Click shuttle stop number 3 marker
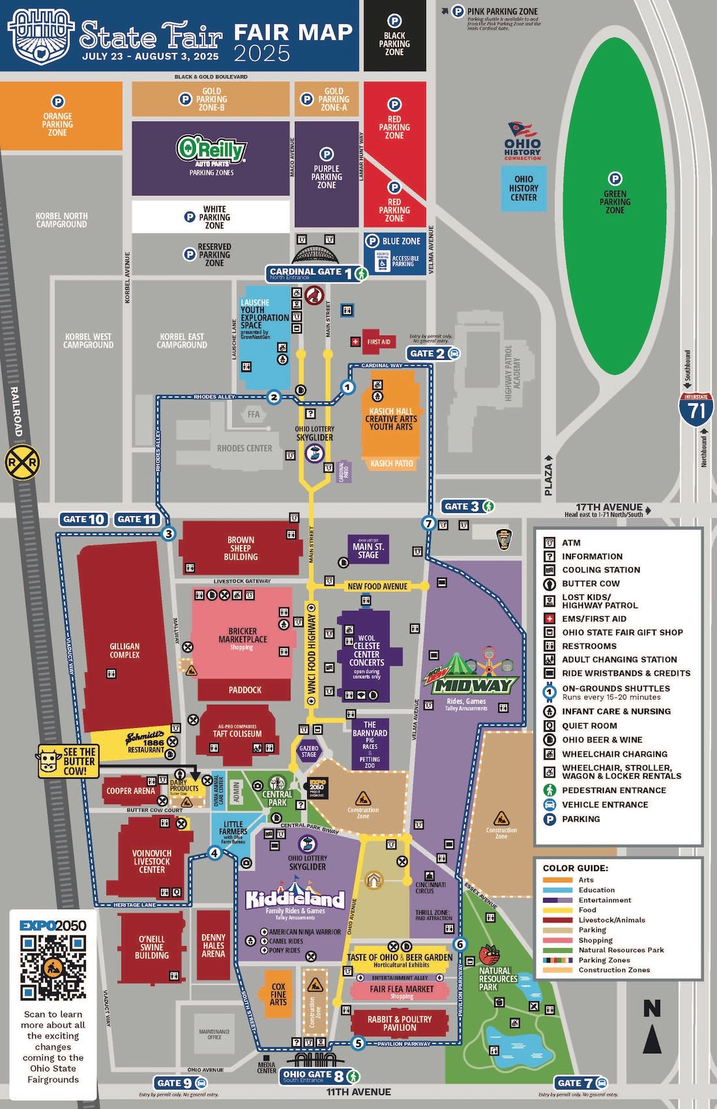point(169,534)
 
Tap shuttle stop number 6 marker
point(460,944)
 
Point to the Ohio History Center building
point(523,188)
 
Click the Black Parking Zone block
point(394,36)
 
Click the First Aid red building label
point(378,342)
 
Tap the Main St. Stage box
point(368,550)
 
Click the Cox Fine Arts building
point(278,995)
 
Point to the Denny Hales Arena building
point(213,946)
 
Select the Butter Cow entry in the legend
point(591,583)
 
